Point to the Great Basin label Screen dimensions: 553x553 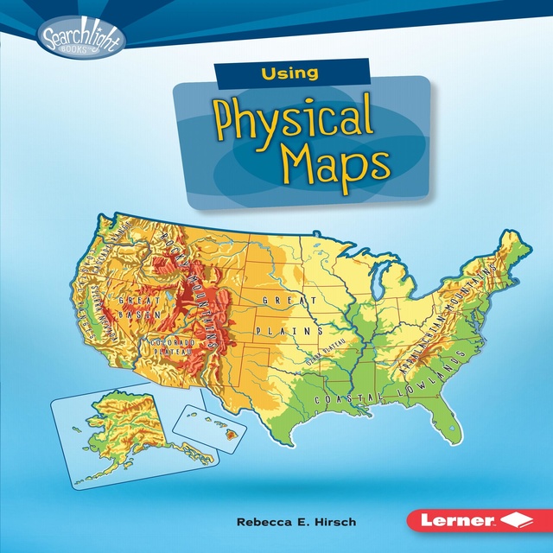[141, 307]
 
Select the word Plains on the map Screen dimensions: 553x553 [289, 331]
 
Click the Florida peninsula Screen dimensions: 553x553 [444, 423]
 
